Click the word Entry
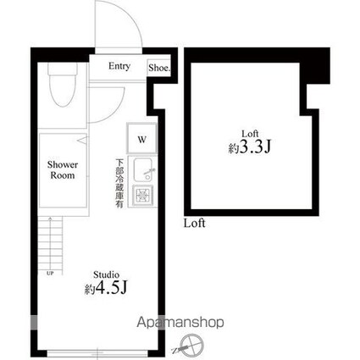(119, 66)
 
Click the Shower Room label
(62, 169)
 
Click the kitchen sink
(143, 172)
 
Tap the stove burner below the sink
(143, 197)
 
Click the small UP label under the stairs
(49, 274)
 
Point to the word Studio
(107, 274)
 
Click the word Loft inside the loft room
(250, 133)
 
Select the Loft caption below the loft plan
(195, 224)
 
